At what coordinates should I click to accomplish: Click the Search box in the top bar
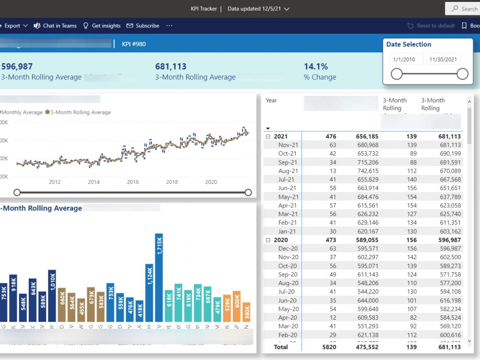[463, 9]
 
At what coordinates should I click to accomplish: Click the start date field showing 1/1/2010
[406, 60]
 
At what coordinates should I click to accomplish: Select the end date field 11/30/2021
[444, 60]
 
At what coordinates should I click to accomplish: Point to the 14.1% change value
[316, 67]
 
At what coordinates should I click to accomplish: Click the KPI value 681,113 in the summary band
[170, 67]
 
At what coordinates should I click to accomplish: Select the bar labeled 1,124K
[149, 292]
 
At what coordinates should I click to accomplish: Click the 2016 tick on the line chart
[133, 182]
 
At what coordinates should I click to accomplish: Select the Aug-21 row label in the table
[288, 171]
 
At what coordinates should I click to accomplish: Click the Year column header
[271, 100]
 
